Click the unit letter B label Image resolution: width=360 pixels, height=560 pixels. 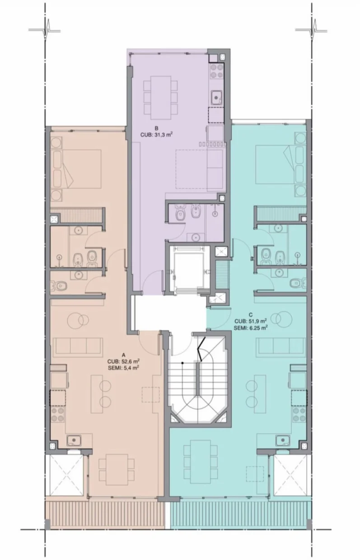(156, 129)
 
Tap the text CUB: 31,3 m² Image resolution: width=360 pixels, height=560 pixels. (156, 135)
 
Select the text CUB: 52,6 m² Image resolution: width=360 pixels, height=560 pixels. (123, 361)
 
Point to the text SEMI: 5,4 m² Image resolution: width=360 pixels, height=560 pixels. (123, 368)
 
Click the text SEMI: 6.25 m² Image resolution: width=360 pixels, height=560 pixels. (251, 328)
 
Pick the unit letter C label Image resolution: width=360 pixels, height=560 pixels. (251, 315)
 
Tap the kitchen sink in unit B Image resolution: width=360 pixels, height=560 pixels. (216, 98)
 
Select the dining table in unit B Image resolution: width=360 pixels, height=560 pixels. (160, 98)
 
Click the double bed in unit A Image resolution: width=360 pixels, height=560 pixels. (76, 169)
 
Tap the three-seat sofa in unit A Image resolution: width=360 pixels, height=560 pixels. (78, 347)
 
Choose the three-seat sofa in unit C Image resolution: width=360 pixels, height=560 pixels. (281, 346)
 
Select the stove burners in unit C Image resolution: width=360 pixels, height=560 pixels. (299, 415)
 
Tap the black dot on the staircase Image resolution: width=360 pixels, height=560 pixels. (182, 363)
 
